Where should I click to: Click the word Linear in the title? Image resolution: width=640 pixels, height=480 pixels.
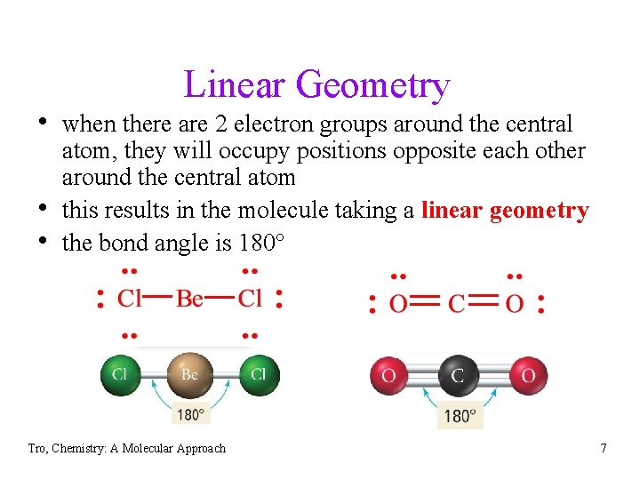(x=235, y=85)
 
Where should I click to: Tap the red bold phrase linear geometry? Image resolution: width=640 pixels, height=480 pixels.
(x=505, y=211)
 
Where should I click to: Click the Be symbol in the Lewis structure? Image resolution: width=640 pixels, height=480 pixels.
(x=189, y=298)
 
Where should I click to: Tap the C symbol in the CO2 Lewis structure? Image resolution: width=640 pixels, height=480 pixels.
(x=457, y=304)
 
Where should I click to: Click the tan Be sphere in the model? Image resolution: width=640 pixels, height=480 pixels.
(x=189, y=374)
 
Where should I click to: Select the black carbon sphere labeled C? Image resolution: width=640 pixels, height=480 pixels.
(x=458, y=376)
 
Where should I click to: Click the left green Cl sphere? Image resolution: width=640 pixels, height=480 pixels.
(x=120, y=374)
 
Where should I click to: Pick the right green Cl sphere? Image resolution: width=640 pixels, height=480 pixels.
(x=258, y=374)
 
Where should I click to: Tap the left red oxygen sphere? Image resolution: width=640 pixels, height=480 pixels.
(x=388, y=376)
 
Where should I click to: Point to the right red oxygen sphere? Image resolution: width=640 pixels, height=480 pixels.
(x=527, y=376)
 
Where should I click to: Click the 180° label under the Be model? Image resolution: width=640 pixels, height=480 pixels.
(x=189, y=414)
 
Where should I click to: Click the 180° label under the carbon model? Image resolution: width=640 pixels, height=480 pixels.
(x=460, y=415)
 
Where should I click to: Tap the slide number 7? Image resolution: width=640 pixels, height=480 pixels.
(x=604, y=448)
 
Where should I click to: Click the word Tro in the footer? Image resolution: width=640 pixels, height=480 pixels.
(x=36, y=449)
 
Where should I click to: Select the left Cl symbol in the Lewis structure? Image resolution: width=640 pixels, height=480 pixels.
(x=130, y=298)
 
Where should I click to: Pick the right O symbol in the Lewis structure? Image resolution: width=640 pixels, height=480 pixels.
(x=514, y=304)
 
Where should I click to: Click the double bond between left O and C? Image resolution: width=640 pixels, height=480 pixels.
(x=427, y=303)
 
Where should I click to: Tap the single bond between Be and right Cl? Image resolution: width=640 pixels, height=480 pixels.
(x=220, y=298)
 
